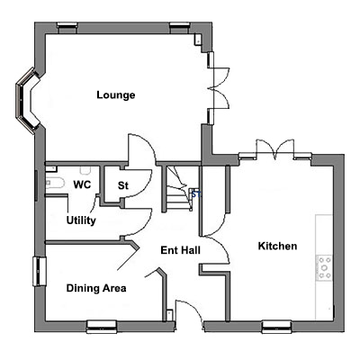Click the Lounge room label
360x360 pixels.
116,95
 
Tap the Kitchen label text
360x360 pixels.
277,246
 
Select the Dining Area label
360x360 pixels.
96,288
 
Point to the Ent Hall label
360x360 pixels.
180,250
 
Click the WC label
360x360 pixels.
82,184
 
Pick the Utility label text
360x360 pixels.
81,220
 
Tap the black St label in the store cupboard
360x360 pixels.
123,185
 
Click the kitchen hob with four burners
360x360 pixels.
325,267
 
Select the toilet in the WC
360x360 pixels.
55,183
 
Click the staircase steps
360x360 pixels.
177,189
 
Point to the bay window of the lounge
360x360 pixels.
28,100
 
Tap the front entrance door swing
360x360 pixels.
189,312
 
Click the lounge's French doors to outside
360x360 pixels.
219,87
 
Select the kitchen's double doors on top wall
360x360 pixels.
274,149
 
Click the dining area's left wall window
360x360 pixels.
40,272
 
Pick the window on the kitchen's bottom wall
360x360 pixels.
276,327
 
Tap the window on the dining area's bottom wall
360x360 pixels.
102,327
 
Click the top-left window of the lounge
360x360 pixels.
67,28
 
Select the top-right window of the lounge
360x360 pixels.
180,28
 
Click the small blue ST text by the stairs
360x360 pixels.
195,194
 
